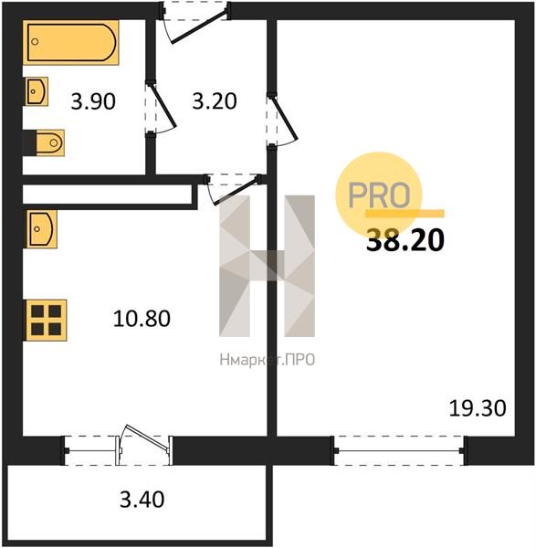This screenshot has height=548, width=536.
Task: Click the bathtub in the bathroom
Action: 71,42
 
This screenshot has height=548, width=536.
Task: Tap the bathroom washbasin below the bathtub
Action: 36,91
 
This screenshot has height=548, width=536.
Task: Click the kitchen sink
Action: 41,229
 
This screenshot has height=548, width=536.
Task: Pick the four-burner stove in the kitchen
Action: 46,321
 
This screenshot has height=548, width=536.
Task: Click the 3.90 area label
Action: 93,101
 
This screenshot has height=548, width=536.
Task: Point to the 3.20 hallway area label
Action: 215,101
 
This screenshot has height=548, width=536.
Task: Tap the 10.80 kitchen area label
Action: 142,319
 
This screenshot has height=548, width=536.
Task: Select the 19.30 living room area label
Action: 478,408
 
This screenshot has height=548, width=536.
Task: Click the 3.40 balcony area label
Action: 142,499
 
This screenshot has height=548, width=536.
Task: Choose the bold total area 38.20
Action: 405,240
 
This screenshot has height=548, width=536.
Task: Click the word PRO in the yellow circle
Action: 379,195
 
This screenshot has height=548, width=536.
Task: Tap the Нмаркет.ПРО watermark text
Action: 268,360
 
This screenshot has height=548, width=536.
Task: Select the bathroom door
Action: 161,107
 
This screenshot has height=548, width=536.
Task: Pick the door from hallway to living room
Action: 282,120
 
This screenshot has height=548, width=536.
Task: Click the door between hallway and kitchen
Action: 233,189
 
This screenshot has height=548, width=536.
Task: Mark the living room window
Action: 399,451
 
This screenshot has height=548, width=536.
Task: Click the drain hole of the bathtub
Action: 35,42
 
